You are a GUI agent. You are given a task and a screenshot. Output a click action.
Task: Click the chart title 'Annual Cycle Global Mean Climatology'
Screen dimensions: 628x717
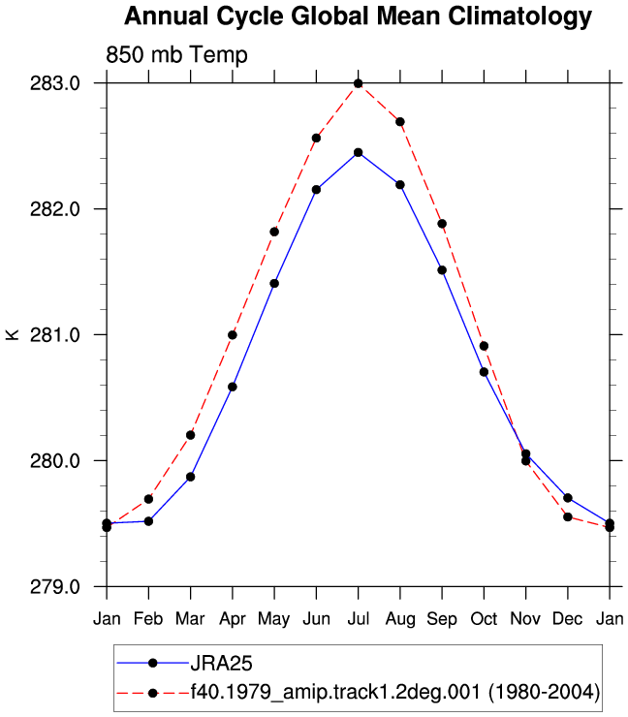pos(358,16)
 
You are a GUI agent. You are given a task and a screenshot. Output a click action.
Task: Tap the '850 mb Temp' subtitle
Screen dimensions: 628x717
pos(176,55)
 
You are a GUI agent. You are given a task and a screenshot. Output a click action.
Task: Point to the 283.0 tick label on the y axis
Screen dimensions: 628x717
pos(55,83)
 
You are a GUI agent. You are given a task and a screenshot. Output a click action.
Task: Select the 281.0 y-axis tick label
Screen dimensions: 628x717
pos(55,334)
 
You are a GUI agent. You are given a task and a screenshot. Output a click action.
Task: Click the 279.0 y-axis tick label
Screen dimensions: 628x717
pos(55,586)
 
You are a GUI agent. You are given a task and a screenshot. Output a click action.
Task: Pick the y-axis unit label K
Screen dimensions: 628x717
pos(13,334)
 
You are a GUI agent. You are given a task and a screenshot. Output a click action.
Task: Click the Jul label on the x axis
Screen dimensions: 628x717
pos(359,619)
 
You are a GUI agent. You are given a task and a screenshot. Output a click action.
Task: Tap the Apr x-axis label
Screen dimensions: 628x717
pos(233,619)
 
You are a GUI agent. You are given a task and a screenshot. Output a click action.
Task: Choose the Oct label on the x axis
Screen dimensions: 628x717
pos(484,619)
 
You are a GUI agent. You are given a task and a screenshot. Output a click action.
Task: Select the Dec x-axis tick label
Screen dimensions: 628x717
pos(568,619)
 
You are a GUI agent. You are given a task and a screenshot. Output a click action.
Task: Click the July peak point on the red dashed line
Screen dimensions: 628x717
pos(359,83)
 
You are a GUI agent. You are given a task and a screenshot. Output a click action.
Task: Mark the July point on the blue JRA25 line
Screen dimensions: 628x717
pos(359,152)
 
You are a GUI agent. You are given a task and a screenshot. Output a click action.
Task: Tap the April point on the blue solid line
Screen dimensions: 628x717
pos(233,387)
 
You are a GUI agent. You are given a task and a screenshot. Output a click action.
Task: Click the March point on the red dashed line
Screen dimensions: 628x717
pos(190,435)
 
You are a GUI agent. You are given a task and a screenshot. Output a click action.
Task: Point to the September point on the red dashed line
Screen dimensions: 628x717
pos(442,224)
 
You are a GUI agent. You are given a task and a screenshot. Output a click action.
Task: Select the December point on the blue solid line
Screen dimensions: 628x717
pos(568,498)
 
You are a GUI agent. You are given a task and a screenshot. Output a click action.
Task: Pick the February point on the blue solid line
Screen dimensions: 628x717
pos(148,521)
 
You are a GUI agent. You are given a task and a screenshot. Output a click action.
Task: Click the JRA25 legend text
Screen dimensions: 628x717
pos(221,663)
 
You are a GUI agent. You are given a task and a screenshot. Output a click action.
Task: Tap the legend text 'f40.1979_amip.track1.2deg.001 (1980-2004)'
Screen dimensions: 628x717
pos(395,693)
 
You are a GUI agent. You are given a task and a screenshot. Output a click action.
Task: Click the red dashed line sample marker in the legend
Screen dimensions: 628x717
pos(153,693)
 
